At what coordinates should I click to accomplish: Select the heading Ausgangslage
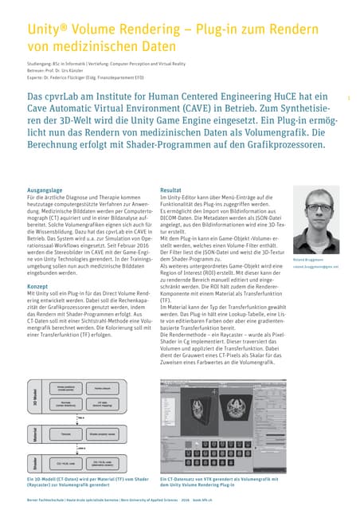coord(45,191)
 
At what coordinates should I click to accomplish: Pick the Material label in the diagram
coord(35,434)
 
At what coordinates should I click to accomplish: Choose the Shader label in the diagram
coord(35,463)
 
